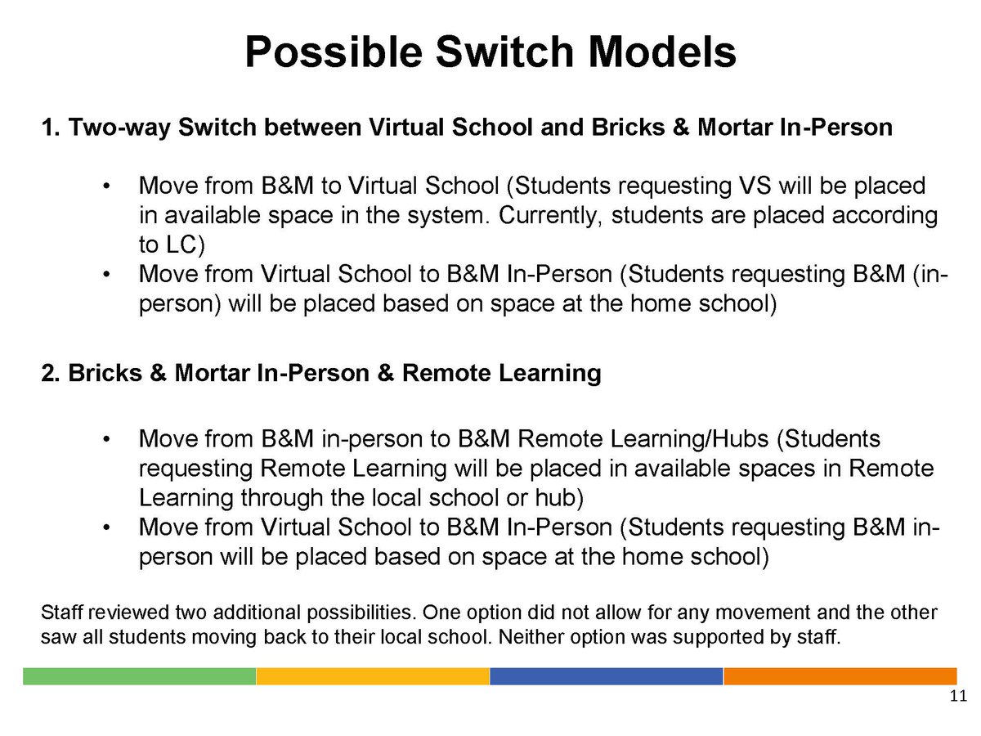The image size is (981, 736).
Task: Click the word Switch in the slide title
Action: [x=505, y=52]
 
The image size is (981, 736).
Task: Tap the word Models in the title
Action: [x=662, y=52]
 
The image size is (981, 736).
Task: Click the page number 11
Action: [x=958, y=696]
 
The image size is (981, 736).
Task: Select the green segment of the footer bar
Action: [x=140, y=676]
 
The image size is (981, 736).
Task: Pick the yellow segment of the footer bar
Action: [x=373, y=676]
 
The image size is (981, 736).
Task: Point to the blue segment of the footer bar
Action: [x=606, y=676]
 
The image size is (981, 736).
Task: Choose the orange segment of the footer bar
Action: [x=840, y=676]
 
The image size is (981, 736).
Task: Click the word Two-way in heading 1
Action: [x=119, y=128]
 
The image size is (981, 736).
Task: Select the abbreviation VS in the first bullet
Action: [x=755, y=186]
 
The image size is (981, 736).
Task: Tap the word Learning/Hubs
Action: [x=689, y=439]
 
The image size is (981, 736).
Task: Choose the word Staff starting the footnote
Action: [x=60, y=613]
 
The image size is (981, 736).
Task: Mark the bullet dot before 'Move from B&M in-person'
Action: [x=106, y=439]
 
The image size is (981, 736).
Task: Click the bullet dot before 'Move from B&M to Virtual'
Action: [x=106, y=186]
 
